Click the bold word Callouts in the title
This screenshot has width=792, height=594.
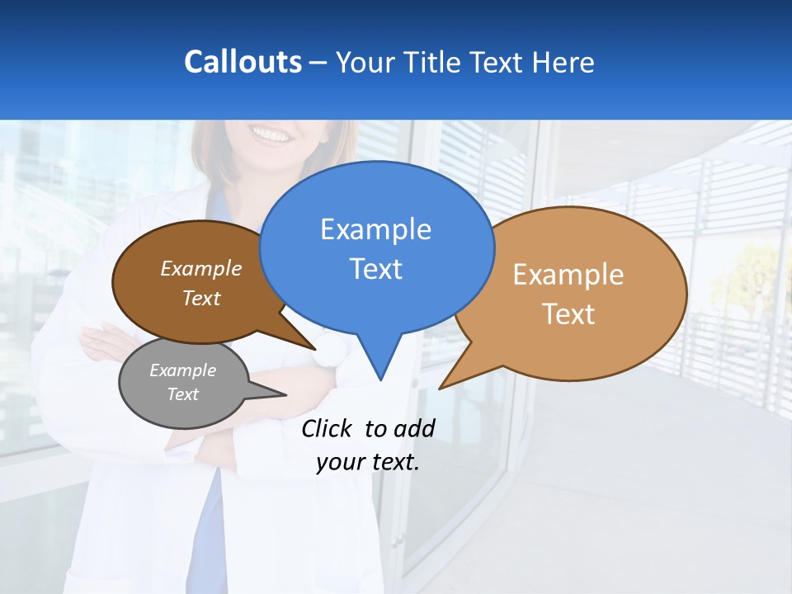[243, 62]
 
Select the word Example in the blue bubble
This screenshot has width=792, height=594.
[375, 229]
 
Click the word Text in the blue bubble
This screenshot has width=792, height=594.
[375, 269]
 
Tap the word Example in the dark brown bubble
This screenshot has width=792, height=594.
[200, 268]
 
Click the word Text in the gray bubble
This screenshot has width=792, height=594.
[182, 394]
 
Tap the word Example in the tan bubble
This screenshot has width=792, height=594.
[568, 275]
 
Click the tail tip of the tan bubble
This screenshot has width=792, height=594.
[441, 387]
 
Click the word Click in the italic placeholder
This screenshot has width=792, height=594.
[327, 428]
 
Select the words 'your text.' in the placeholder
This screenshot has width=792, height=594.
[368, 462]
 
